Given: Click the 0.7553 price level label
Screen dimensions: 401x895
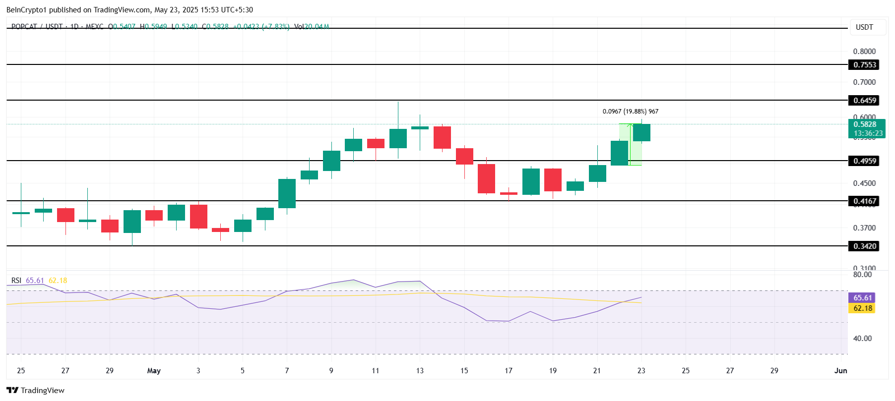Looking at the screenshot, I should coord(864,65).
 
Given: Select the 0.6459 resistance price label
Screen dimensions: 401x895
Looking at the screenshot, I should coord(864,101).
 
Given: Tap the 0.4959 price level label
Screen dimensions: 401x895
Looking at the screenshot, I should coord(864,161).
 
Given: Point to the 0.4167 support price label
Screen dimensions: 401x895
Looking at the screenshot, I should coord(864,201).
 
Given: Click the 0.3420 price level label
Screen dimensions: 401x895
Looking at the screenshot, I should coord(864,246).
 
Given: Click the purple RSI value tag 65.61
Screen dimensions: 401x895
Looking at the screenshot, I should coord(862,298).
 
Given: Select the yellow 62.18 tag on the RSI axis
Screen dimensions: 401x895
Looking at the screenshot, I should coord(862,308).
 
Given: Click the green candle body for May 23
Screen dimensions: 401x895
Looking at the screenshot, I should coord(641,133).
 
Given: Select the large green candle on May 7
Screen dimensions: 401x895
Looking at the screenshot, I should coord(287,193).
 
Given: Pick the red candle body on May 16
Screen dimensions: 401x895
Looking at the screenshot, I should coord(486,178).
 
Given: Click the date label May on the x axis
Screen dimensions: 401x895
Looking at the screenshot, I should coord(154,371).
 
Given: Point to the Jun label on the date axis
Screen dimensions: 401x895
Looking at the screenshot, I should coord(840,371).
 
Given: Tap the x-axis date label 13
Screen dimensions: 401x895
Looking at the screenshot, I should coord(420,371).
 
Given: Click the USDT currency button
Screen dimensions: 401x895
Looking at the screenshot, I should coord(864,27).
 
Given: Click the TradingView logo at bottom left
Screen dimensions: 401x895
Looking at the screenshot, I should coord(36,391).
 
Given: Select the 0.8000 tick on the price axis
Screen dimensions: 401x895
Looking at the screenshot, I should coord(864,52).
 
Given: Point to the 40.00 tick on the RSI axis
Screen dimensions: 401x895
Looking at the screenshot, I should coord(862,339).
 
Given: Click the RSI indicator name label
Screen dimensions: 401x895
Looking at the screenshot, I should coord(16,281).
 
